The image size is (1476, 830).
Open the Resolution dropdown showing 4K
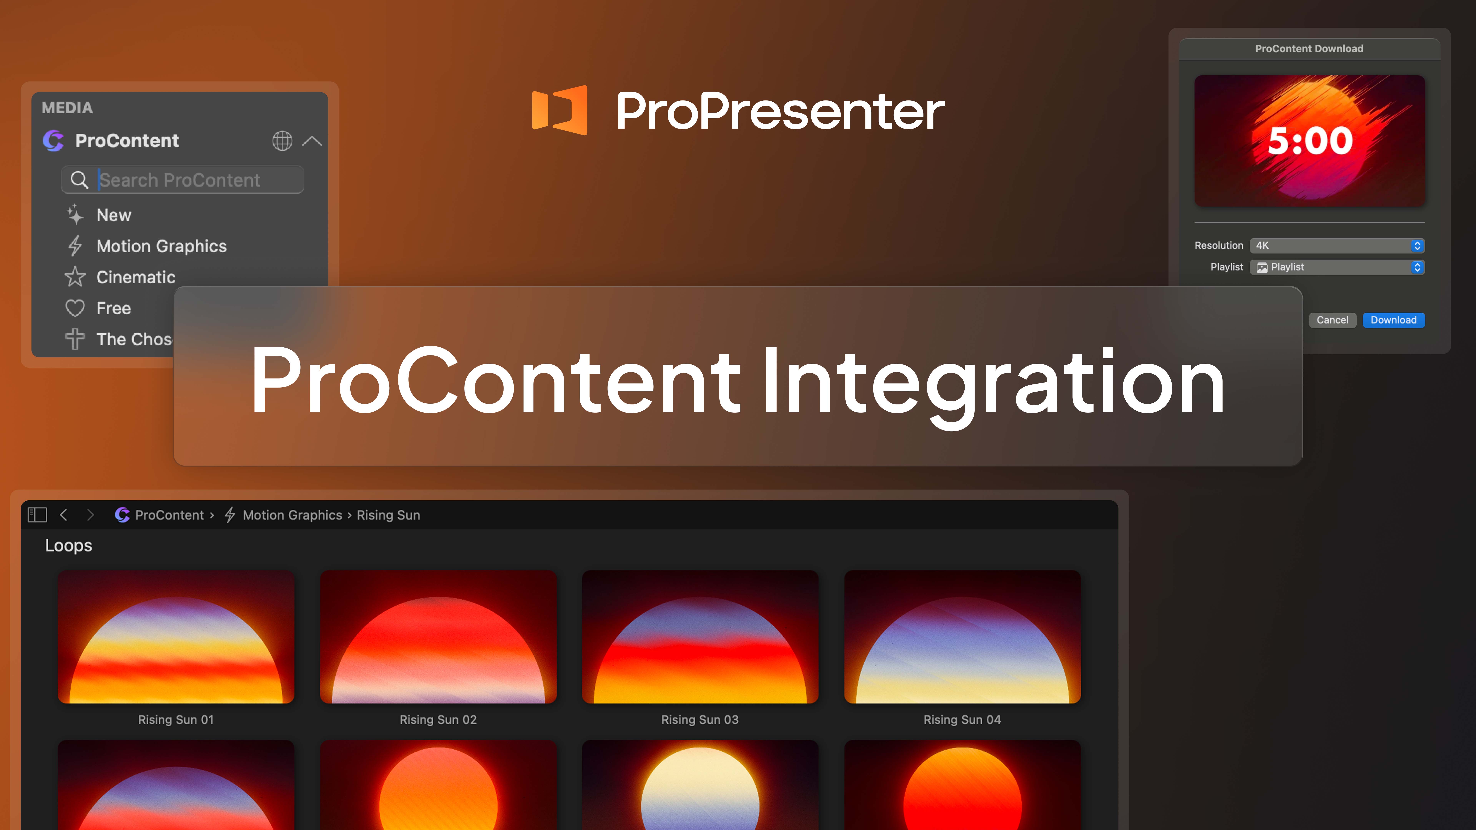[x=1337, y=246]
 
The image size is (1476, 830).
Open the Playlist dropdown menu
[x=1337, y=267]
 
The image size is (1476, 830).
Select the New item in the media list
[x=113, y=215]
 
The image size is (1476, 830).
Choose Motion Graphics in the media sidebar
[x=161, y=246]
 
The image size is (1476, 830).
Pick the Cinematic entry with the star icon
[x=135, y=277]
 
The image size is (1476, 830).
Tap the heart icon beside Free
[x=75, y=308]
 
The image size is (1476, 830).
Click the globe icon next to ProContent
[x=282, y=141]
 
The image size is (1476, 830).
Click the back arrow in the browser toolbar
[x=64, y=515]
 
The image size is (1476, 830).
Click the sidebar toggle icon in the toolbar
[x=37, y=515]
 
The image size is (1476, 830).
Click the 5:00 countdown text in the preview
[x=1310, y=141]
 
